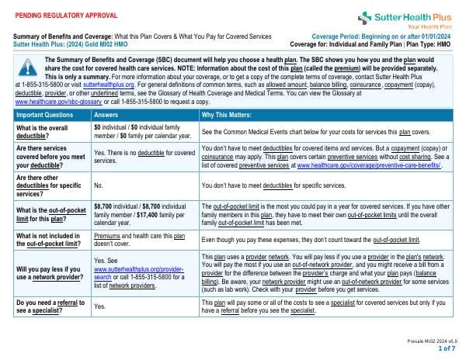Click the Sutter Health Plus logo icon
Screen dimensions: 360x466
[x=366, y=17]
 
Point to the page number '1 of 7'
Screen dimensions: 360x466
[x=447, y=349]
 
